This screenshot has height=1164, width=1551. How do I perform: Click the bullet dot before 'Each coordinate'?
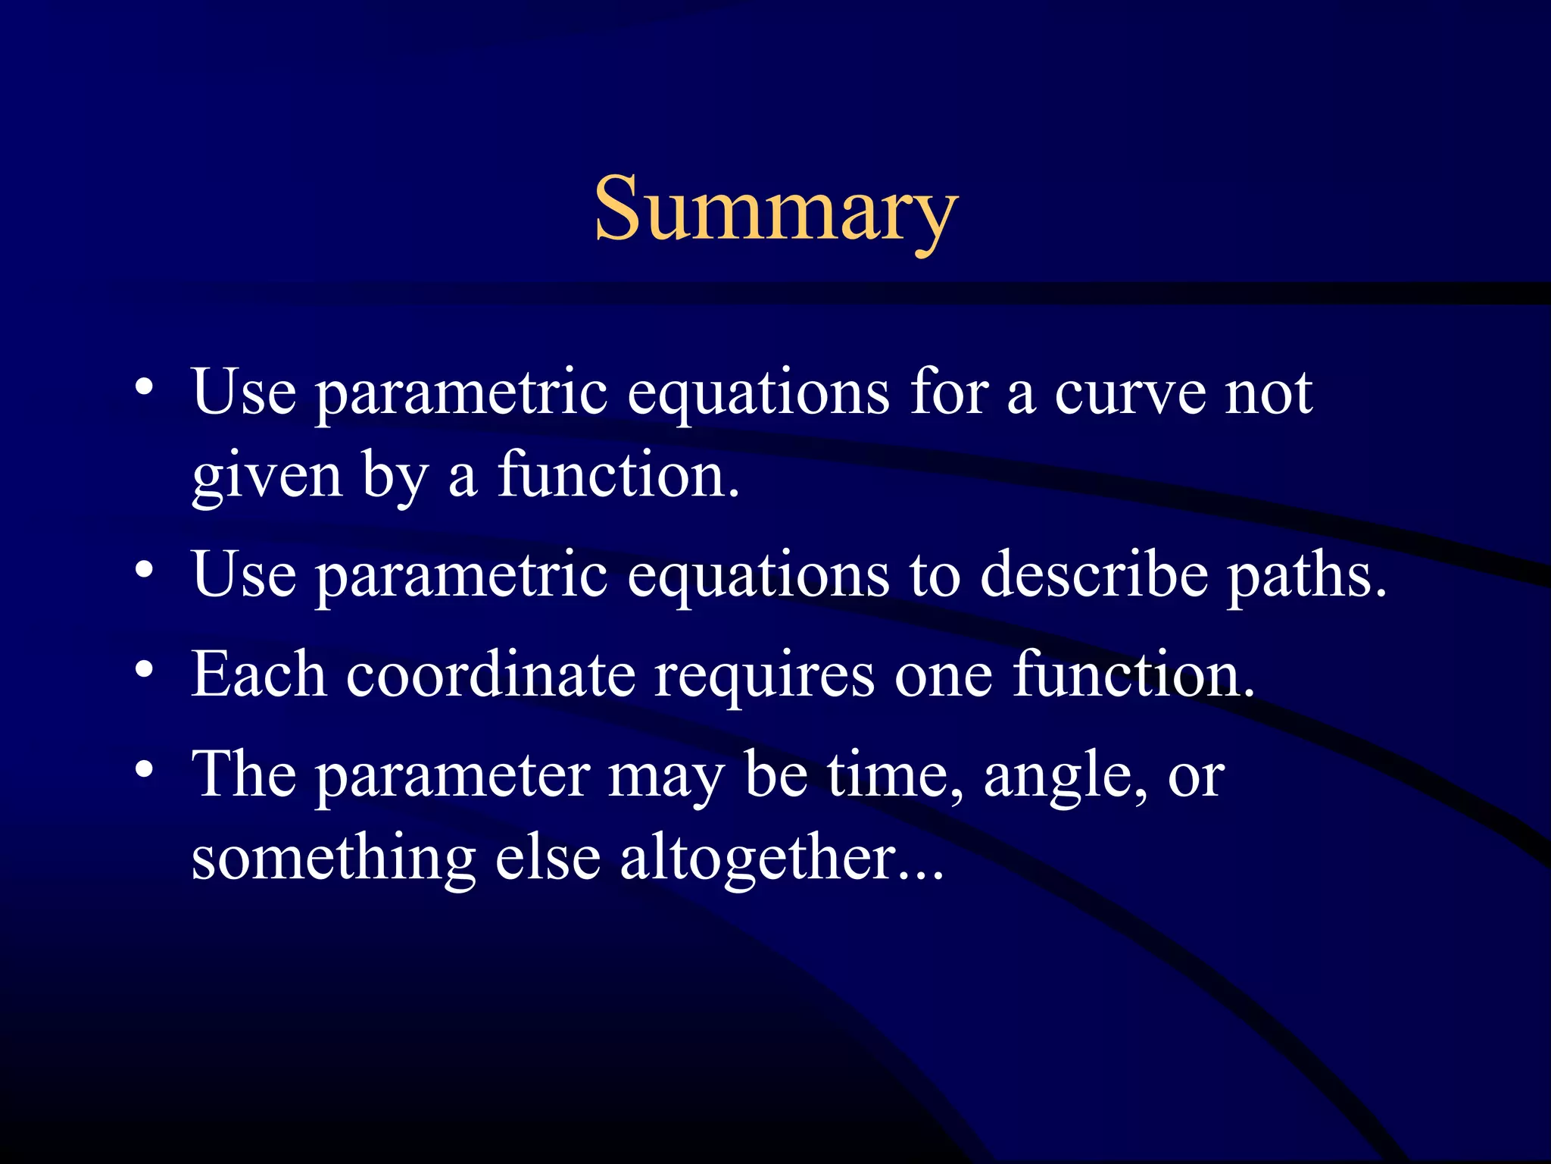[x=145, y=669]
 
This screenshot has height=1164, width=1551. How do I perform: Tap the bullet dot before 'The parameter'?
[x=145, y=769]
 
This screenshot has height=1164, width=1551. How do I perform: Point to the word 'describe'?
[x=1094, y=576]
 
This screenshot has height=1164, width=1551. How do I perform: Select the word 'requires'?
[x=765, y=676]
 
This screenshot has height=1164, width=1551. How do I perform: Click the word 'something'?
[x=333, y=859]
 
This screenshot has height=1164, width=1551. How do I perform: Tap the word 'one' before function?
[x=943, y=676]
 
